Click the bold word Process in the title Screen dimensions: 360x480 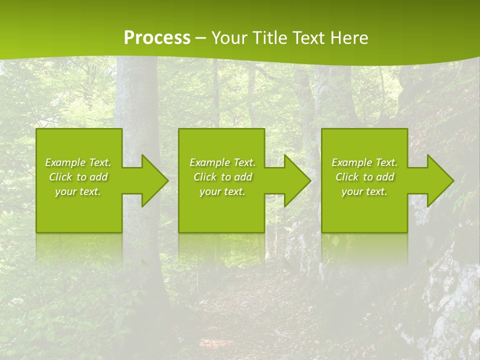click(x=157, y=38)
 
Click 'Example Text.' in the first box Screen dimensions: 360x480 click(x=78, y=162)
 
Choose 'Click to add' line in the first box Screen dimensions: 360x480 click(x=78, y=177)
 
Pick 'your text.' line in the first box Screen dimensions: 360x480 click(x=78, y=191)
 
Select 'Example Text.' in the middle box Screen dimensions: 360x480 click(x=222, y=162)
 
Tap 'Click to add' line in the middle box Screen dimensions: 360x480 click(x=222, y=177)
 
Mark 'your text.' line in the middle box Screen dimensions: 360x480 click(x=222, y=191)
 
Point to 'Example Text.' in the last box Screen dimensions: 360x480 click(x=364, y=162)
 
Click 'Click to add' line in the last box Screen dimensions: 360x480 click(x=364, y=177)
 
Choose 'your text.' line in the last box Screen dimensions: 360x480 click(x=364, y=191)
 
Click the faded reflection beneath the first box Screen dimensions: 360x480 click(x=79, y=247)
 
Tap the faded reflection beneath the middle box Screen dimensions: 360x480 click(x=221, y=247)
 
